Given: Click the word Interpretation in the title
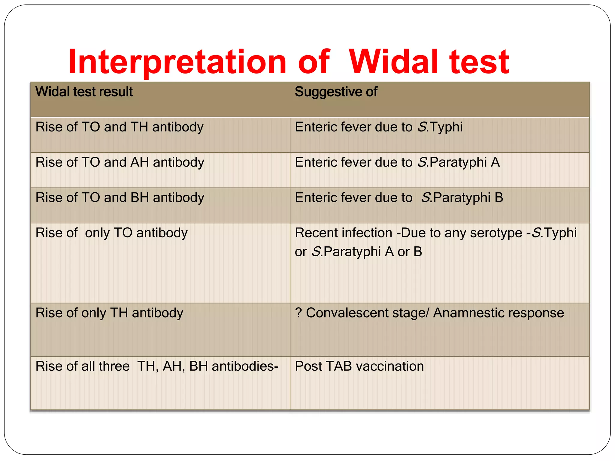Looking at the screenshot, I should point(177,62).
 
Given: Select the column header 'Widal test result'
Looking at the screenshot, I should point(84,92).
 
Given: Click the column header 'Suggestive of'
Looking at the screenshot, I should point(336,92).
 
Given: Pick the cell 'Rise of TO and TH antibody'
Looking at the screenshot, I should point(119,127).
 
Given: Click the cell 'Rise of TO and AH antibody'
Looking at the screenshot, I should point(120,162).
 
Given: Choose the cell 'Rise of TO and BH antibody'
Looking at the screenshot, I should point(120,198).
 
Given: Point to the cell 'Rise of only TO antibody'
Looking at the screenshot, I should point(111,233).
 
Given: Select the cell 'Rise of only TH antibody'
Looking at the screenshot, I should point(109,313).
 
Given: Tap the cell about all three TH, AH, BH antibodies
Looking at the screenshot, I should point(157,366).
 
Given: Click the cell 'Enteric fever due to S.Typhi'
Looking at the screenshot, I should point(378,127).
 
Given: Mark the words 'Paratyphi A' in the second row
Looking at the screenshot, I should point(465,162).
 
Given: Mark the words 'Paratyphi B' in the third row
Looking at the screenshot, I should point(468,198).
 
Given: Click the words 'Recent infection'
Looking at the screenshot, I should point(343,233).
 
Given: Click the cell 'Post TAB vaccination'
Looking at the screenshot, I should point(359,366).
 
